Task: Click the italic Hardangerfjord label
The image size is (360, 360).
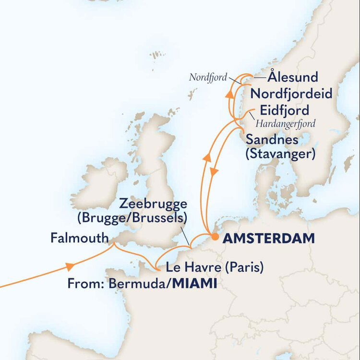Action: [x=285, y=124]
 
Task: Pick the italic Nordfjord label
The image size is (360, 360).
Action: [x=207, y=77]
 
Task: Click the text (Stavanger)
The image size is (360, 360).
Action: [x=280, y=155]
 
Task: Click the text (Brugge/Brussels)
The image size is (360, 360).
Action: [x=132, y=218]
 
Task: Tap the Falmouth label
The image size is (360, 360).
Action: [x=79, y=238]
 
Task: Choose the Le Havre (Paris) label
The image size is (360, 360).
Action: [x=214, y=267]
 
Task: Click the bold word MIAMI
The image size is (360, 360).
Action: [x=194, y=284]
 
